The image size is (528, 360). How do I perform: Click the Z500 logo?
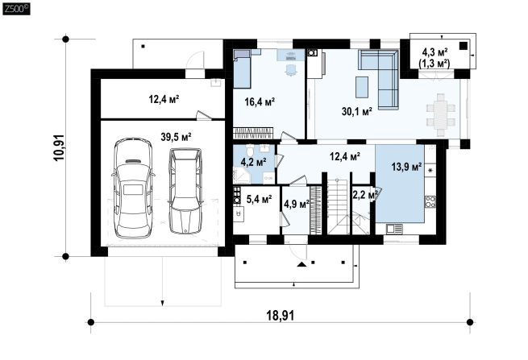(x=16, y=9)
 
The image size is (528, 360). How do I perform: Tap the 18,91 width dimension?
(x=281, y=316)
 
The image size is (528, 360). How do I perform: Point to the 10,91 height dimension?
(x=59, y=147)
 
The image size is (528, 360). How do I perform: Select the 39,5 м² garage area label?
(x=176, y=137)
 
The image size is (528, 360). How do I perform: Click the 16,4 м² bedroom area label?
(x=260, y=101)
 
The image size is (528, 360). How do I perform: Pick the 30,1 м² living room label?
(x=357, y=111)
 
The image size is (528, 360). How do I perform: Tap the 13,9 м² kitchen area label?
(x=407, y=167)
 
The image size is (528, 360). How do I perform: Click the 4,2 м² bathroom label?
(x=254, y=163)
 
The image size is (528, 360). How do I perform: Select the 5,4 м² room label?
(x=260, y=200)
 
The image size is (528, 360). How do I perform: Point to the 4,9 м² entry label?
(x=297, y=204)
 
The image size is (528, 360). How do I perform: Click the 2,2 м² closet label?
(x=364, y=195)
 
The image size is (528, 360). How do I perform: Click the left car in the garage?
(x=133, y=188)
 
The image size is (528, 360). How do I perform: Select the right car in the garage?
(x=185, y=191)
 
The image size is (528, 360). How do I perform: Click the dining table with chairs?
(x=441, y=114)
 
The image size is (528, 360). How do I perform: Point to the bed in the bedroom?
(x=242, y=68)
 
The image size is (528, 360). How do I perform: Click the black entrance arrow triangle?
(x=302, y=264)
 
